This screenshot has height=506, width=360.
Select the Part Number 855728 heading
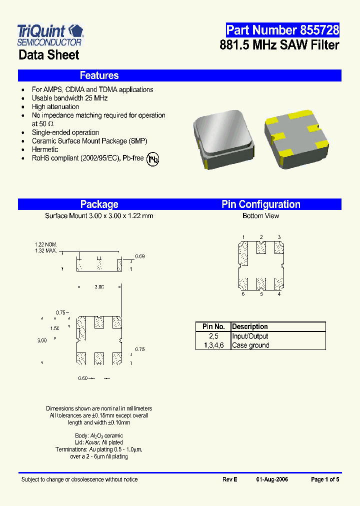[282, 30]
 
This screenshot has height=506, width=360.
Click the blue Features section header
[99, 75]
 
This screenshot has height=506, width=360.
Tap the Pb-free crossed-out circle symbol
[153, 159]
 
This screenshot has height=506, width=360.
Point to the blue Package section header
[99, 204]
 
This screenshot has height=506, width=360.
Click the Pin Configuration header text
[261, 204]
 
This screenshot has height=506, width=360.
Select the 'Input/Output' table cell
[250, 336]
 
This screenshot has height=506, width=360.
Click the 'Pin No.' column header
[213, 326]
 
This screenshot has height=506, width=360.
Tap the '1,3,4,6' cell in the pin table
[213, 345]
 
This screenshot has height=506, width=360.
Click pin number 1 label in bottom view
[243, 237]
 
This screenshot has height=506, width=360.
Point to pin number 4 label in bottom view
[279, 294]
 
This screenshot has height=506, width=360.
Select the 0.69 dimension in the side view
[140, 256]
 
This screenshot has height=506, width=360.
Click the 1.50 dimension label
[54, 328]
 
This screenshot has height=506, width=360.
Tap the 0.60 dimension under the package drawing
[82, 378]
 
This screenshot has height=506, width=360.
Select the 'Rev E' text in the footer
[230, 479]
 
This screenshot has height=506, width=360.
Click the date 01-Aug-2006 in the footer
[272, 479]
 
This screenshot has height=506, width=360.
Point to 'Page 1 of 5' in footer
[325, 479]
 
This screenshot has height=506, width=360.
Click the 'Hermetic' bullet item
[45, 149]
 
